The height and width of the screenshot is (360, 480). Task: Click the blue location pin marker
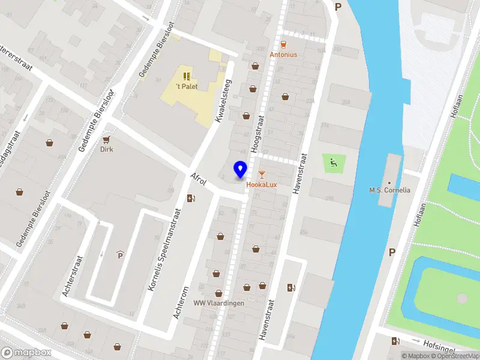pyautogui.click(x=241, y=169)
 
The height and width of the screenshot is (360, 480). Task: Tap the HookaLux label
pyautogui.click(x=262, y=184)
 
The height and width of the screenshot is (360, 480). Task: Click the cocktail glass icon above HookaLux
pyautogui.click(x=262, y=175)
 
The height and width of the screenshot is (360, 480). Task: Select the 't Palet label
pyautogui.click(x=187, y=86)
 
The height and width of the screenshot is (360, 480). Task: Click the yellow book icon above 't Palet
pyautogui.click(x=187, y=76)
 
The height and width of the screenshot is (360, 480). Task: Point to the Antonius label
pyautogui.click(x=283, y=54)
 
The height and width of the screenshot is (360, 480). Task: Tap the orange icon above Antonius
pyautogui.click(x=283, y=44)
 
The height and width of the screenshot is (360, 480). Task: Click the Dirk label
pyautogui.click(x=107, y=149)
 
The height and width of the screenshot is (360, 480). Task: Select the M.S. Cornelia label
pyautogui.click(x=389, y=190)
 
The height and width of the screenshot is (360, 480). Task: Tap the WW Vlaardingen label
pyautogui.click(x=218, y=303)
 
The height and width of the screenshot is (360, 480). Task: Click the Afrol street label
pyautogui.click(x=198, y=184)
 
